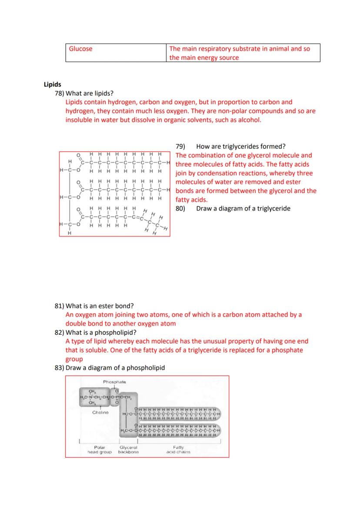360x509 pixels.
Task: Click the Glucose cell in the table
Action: coord(81,49)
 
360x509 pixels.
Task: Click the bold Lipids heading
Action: coord(53,84)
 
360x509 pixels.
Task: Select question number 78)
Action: coord(59,93)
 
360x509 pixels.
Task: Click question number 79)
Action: coord(180,146)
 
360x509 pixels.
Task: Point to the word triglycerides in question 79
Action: coord(244,146)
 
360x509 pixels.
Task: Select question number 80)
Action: coord(180,209)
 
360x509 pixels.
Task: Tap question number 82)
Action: coord(59,333)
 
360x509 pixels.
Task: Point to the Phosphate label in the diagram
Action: coord(114,382)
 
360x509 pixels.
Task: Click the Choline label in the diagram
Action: coord(100,412)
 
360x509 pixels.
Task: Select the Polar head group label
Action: coord(100,449)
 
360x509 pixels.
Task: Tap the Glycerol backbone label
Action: coord(128,449)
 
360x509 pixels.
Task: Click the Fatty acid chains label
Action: coord(178,449)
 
